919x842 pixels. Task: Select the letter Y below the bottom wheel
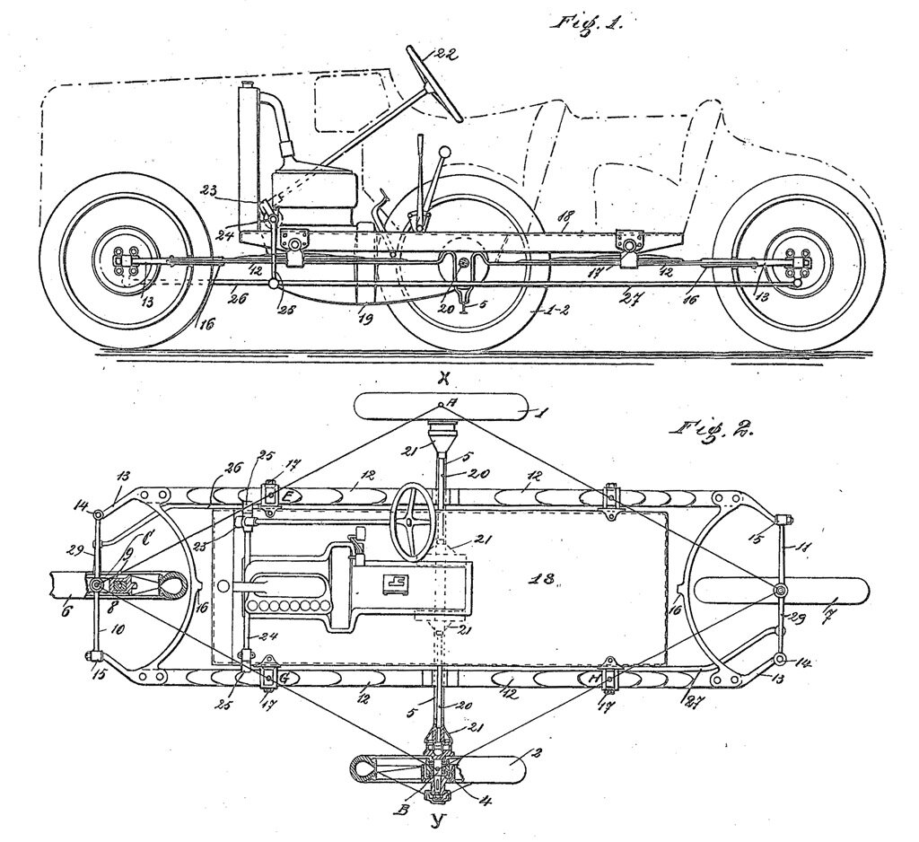pos(439,818)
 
